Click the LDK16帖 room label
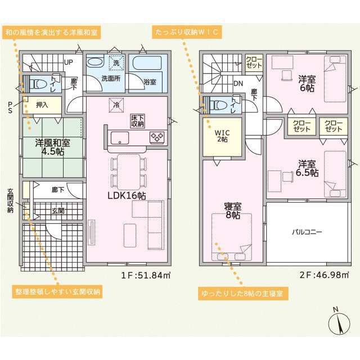point(127,196)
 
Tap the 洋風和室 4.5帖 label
point(52,147)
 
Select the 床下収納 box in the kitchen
point(137,121)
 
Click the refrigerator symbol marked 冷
point(116,105)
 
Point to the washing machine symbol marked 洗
point(116,62)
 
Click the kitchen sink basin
point(120,138)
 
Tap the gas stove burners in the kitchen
point(157,137)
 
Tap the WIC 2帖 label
point(222,136)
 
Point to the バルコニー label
point(307,232)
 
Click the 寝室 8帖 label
point(232,210)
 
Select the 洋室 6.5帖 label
point(307,168)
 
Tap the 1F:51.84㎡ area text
point(146,275)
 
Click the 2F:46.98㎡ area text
point(324,275)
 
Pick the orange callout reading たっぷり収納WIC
point(187,32)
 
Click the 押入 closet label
point(42,105)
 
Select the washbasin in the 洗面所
point(95,62)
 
